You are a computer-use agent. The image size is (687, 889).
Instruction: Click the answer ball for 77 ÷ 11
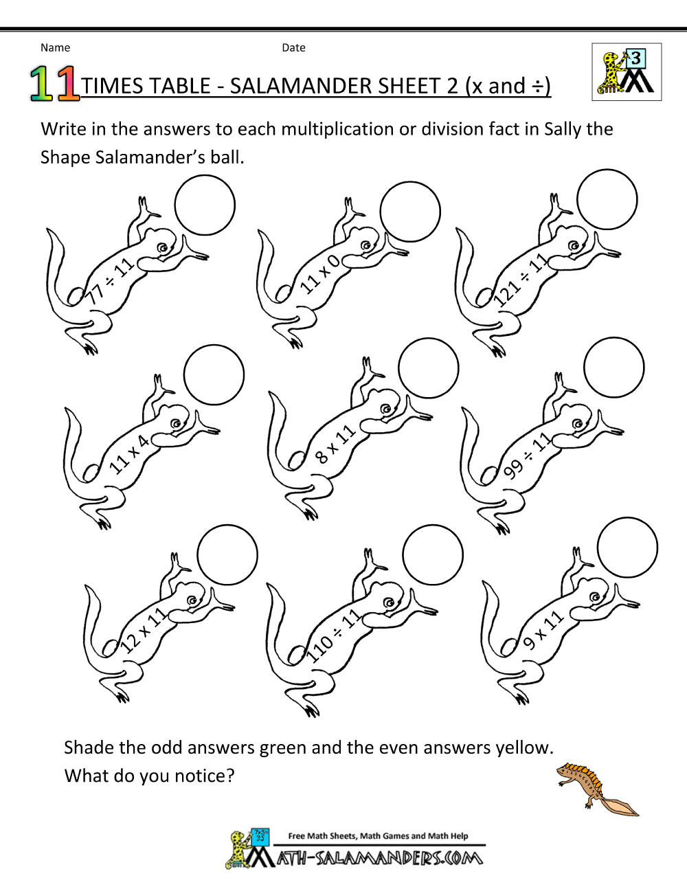coord(205,205)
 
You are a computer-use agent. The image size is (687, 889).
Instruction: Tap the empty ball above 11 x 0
coord(410,212)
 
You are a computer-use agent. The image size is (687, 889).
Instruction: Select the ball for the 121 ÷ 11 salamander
coord(607,199)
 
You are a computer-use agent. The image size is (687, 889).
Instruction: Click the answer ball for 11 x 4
coord(214,375)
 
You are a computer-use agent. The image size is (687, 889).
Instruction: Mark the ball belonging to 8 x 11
coord(429,368)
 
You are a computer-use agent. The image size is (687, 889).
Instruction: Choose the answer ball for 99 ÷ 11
coord(614,368)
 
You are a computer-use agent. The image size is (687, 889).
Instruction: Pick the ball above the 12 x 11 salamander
coord(227,555)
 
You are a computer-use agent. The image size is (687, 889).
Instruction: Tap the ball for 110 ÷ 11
coord(433,555)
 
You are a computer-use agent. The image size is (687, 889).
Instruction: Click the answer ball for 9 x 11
coord(627,548)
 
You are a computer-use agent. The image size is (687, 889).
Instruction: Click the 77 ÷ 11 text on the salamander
coord(110,282)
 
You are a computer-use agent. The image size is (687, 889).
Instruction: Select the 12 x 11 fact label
coord(143,631)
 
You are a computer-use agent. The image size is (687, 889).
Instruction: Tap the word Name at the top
coord(55,47)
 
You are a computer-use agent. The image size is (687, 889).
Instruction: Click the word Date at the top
coord(293,47)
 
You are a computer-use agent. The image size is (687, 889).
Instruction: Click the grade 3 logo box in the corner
coord(627,72)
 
